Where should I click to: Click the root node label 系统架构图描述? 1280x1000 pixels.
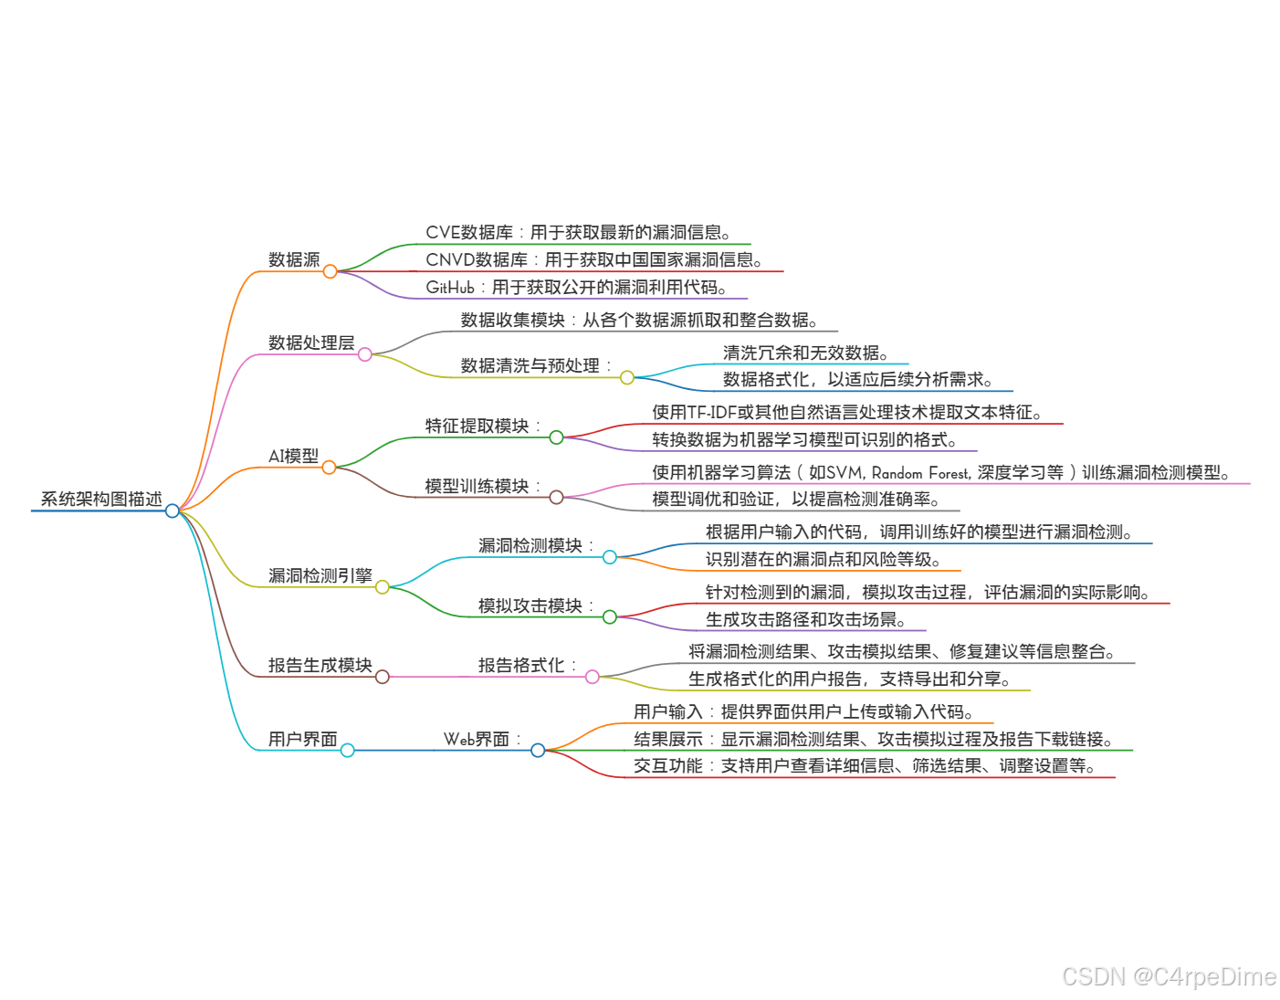101,499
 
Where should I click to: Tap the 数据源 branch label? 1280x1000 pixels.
294,260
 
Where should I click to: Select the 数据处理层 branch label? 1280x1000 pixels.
311,342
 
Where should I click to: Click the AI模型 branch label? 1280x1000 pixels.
294,456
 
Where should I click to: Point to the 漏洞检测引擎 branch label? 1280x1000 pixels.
320,575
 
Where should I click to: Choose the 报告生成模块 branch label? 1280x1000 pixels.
320,665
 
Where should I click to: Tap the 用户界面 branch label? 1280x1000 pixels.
303,739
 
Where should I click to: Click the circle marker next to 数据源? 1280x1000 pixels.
330,271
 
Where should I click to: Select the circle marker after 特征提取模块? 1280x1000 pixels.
556,437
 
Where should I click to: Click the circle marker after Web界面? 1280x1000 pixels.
538,750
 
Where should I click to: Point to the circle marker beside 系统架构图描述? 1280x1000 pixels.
173,511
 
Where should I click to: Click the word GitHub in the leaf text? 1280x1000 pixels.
450,288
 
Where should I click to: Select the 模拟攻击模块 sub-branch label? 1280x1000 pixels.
530,605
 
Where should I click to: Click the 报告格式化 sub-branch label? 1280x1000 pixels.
521,665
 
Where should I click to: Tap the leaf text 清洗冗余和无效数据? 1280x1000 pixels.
803,353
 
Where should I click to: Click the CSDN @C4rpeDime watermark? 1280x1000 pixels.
1169,976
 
